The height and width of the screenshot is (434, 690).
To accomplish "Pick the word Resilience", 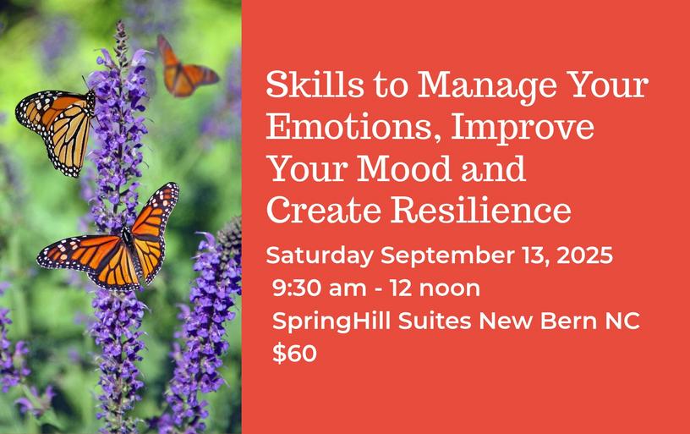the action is coord(481,211).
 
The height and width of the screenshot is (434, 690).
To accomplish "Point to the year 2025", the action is coord(584,255).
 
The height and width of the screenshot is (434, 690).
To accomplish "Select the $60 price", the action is coord(294,353).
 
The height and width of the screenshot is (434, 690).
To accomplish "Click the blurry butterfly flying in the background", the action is coord(187,68).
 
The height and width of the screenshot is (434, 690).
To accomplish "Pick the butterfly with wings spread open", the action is coord(110,241).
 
